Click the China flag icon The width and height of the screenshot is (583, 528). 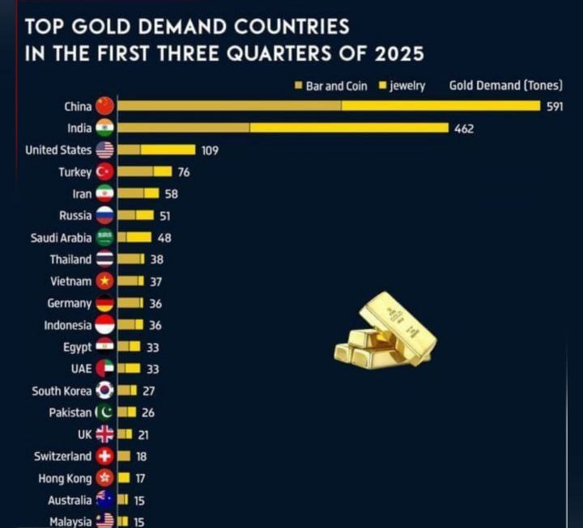pyautogui.click(x=104, y=106)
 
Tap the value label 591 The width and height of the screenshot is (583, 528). pyautogui.click(x=555, y=107)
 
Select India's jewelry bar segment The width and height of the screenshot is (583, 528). pyautogui.click(x=349, y=128)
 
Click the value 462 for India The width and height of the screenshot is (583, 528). pyautogui.click(x=464, y=129)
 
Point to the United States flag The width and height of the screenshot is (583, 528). pyautogui.click(x=104, y=150)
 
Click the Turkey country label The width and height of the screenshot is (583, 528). pyautogui.click(x=74, y=172)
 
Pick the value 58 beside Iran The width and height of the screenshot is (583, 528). pyautogui.click(x=170, y=194)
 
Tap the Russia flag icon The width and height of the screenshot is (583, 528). pyautogui.click(x=104, y=216)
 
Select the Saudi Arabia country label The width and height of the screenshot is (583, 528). pyautogui.click(x=61, y=238)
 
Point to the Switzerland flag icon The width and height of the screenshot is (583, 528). pyautogui.click(x=104, y=456)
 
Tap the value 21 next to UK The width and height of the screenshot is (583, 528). pyautogui.click(x=143, y=434)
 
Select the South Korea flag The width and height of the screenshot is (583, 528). pyautogui.click(x=104, y=391)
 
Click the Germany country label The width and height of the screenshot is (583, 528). pyautogui.click(x=70, y=303)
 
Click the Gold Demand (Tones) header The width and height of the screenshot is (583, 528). pyautogui.click(x=505, y=86)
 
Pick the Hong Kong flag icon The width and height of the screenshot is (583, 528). pyautogui.click(x=104, y=478)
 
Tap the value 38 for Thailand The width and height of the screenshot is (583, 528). pyautogui.click(x=157, y=260)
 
